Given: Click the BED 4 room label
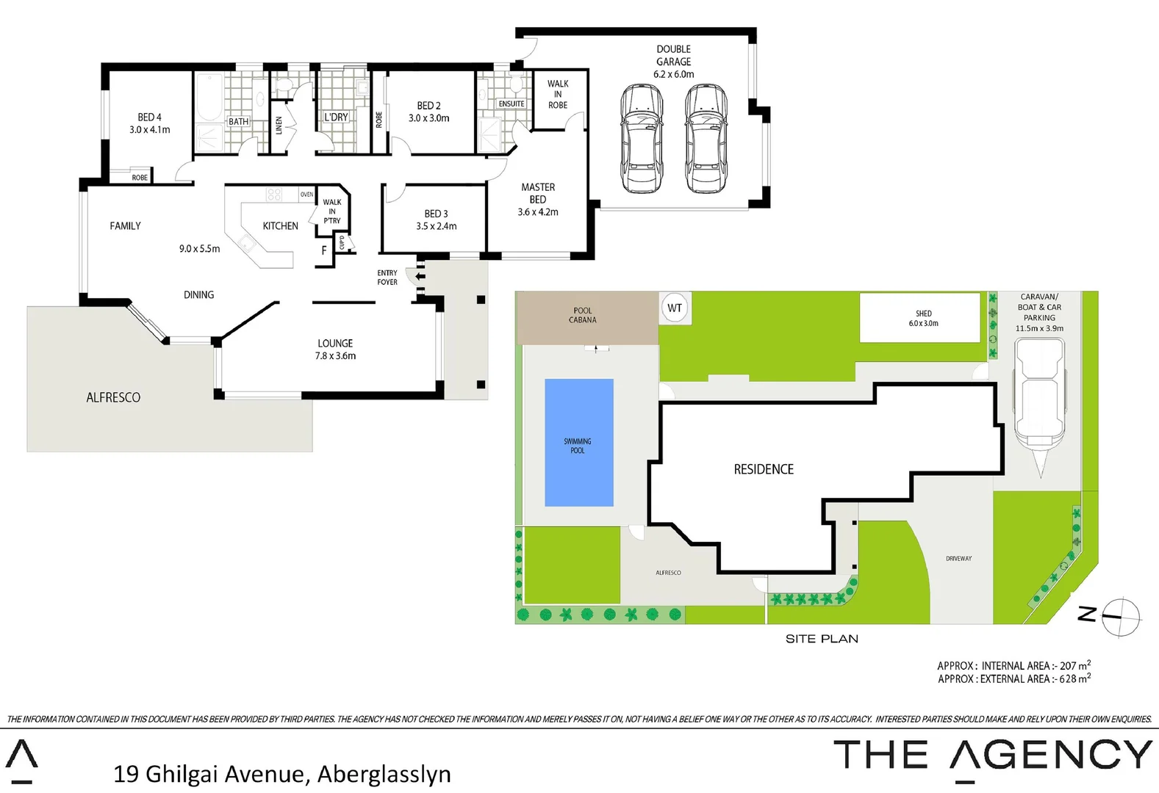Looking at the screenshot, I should pyautogui.click(x=149, y=117).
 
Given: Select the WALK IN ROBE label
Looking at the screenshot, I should pyautogui.click(x=558, y=95).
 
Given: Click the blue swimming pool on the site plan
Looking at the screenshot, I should pyautogui.click(x=578, y=443).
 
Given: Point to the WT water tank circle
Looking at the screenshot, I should pyautogui.click(x=675, y=308).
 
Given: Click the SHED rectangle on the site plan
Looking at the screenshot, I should pyautogui.click(x=919, y=317).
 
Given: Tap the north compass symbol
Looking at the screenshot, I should pyautogui.click(x=1119, y=615).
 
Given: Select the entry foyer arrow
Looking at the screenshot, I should pyautogui.click(x=419, y=277).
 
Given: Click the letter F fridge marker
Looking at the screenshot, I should pyautogui.click(x=324, y=250).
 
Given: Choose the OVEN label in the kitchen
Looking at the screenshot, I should pyautogui.click(x=306, y=195).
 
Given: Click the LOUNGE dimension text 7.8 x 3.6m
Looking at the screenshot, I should pyautogui.click(x=335, y=356).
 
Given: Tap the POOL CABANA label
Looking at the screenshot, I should pyautogui.click(x=582, y=315).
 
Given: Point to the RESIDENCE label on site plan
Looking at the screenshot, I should pyautogui.click(x=764, y=469).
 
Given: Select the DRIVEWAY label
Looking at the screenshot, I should pyautogui.click(x=958, y=559).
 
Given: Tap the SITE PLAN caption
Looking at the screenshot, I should pyautogui.click(x=822, y=639).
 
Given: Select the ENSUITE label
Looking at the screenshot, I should pyautogui.click(x=512, y=104).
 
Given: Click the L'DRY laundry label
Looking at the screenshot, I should pyautogui.click(x=336, y=117).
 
